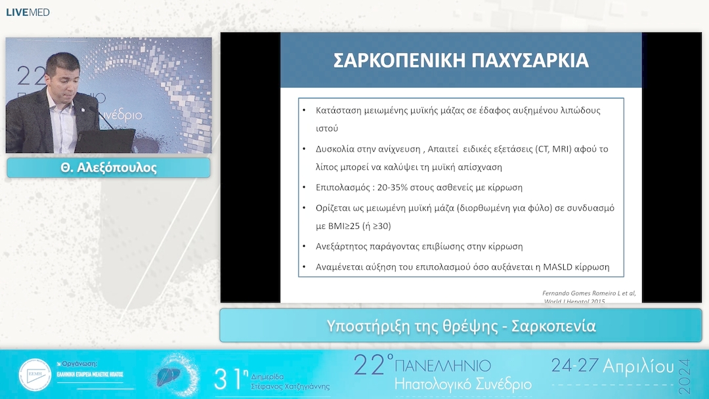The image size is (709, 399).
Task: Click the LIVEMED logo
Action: point(28,12)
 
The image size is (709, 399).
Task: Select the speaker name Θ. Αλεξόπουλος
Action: point(108,168)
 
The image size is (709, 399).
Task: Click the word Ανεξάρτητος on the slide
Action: point(344,247)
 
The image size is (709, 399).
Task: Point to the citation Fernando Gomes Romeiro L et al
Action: point(589,293)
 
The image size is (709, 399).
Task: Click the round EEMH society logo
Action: point(35,375)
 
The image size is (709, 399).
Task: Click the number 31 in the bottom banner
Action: point(228,379)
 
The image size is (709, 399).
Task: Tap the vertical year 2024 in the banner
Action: point(685,375)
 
